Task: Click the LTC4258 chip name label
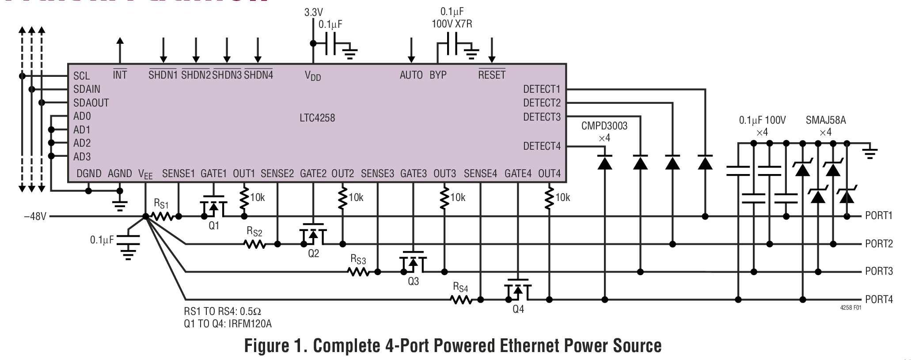click(317, 118)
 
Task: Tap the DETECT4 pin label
click(541, 146)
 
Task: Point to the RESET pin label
click(492, 75)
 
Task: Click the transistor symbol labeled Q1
click(213, 207)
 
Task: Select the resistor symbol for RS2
click(255, 244)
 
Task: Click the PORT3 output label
click(879, 271)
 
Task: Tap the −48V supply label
click(35, 216)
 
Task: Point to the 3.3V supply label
click(313, 12)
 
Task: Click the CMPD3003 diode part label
click(604, 126)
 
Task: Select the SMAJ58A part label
click(825, 120)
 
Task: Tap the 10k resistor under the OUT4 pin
click(549, 197)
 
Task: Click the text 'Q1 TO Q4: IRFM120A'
click(228, 324)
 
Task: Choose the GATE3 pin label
click(414, 174)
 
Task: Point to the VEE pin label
click(145, 174)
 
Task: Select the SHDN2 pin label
click(196, 75)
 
